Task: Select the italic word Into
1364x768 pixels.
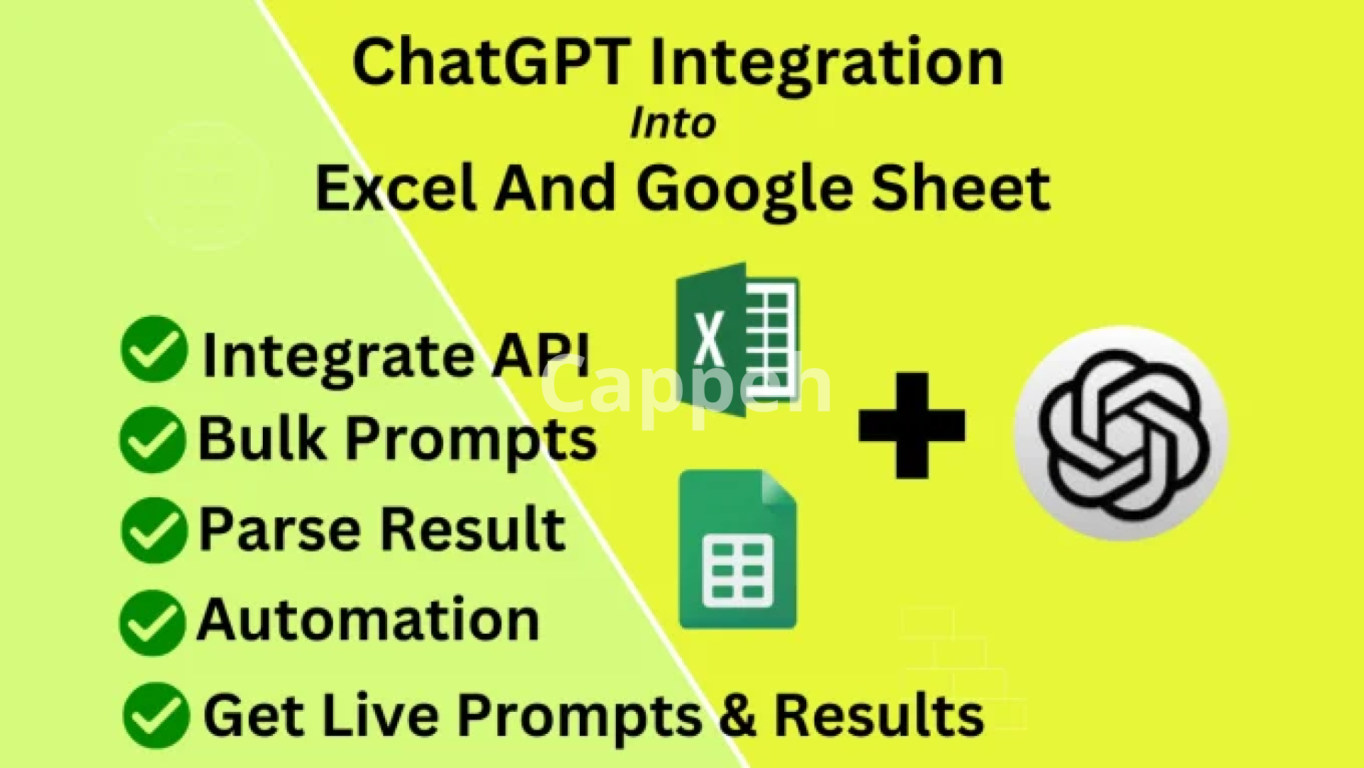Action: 673,123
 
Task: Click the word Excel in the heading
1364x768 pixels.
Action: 396,188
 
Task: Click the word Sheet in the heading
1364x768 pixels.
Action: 961,188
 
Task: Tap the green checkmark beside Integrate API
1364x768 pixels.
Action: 154,349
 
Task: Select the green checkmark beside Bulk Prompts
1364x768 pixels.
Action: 153,440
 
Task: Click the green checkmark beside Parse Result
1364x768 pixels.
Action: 154,530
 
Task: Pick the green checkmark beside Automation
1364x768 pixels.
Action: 153,622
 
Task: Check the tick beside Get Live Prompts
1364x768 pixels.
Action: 156,715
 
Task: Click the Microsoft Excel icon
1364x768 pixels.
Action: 737,339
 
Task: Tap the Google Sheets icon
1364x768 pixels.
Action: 737,549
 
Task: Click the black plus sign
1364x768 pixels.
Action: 912,426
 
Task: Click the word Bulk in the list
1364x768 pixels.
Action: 262,438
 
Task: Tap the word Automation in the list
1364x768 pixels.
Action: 369,619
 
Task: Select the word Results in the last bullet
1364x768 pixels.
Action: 879,714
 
